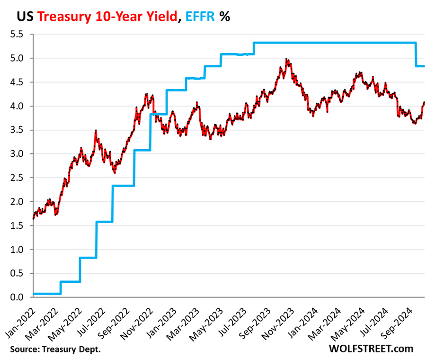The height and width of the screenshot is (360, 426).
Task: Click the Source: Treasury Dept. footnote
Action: pyautogui.click(x=55, y=350)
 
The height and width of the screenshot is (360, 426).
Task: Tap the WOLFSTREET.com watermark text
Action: pyautogui.click(x=371, y=349)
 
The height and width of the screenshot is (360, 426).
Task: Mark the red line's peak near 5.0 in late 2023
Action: pyautogui.click(x=286, y=59)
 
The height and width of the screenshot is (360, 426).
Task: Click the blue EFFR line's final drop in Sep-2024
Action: pyautogui.click(x=416, y=54)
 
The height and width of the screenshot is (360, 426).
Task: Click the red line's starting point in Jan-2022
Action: pyautogui.click(x=33, y=219)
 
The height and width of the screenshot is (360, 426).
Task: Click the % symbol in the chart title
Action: pyautogui.click(x=224, y=17)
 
